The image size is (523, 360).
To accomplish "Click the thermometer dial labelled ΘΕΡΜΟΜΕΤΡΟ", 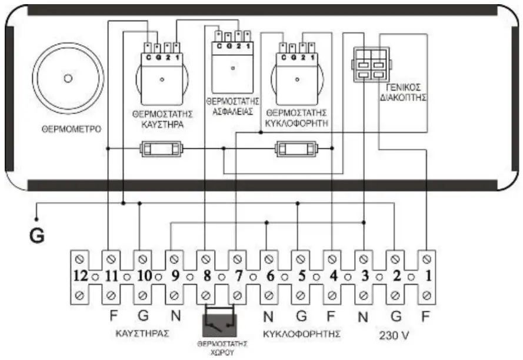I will tap(68, 78).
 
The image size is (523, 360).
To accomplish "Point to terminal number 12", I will tap(80, 275).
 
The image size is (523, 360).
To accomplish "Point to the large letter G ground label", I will tap(37, 236).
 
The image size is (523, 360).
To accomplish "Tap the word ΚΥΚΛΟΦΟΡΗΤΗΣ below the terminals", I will tap(302, 333).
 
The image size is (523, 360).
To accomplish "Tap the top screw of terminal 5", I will tap(301, 258).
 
